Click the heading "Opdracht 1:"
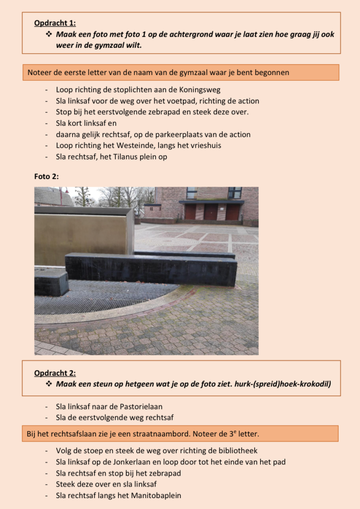click(55, 23)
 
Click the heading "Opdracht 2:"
click(55, 373)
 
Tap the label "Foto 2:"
click(46, 176)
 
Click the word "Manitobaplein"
click(156, 495)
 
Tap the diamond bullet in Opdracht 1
click(49, 34)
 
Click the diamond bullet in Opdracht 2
click(49, 384)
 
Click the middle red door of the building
click(211, 212)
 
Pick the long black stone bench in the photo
click(151, 269)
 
